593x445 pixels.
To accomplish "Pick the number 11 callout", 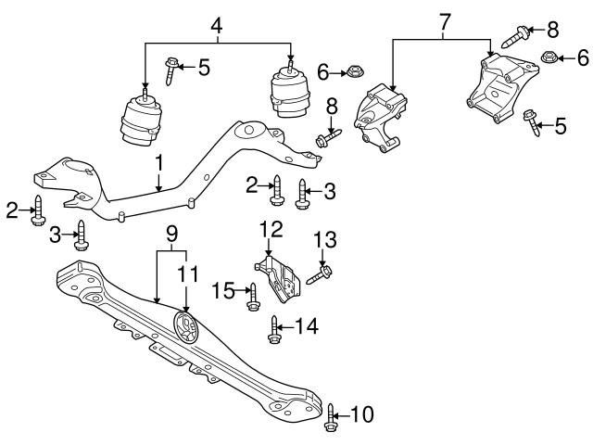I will coord(188,275).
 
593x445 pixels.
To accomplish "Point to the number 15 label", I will coord(223,291).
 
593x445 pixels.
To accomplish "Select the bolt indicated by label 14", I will coord(274,329).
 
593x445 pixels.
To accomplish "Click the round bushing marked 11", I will coord(186,329).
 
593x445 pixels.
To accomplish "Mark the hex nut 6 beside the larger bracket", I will coord(549,57).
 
